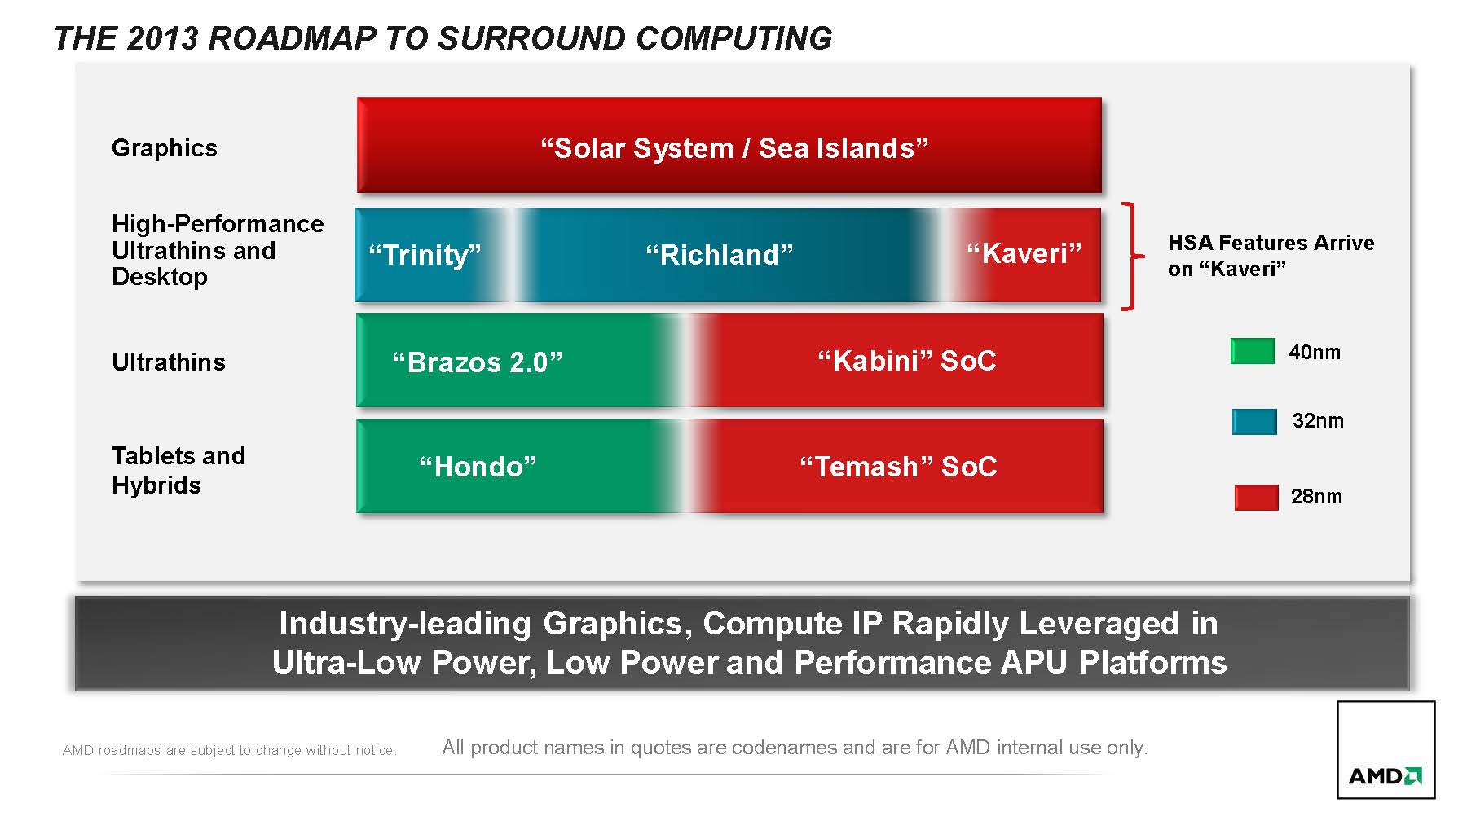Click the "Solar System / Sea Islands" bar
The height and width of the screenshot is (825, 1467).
pos(729,145)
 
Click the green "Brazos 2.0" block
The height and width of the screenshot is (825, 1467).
pos(513,360)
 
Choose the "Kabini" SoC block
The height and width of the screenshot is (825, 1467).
pos(901,360)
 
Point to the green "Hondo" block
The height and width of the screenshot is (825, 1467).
pos(513,466)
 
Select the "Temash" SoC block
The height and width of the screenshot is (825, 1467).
pos(901,466)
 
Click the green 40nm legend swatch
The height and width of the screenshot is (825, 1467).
pos(1253,351)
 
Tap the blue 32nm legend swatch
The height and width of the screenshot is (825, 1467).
pos(1254,421)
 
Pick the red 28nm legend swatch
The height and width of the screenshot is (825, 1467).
pos(1256,497)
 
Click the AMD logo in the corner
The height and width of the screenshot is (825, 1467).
pos(1385,750)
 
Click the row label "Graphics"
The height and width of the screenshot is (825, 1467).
pos(165,148)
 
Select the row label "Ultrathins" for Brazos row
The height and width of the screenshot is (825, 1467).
pos(169,362)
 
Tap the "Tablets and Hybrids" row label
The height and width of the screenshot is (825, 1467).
pos(178,470)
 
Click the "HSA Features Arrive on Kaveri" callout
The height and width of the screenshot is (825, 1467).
pos(1271,256)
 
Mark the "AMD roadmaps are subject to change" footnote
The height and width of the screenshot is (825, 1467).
pos(229,750)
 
